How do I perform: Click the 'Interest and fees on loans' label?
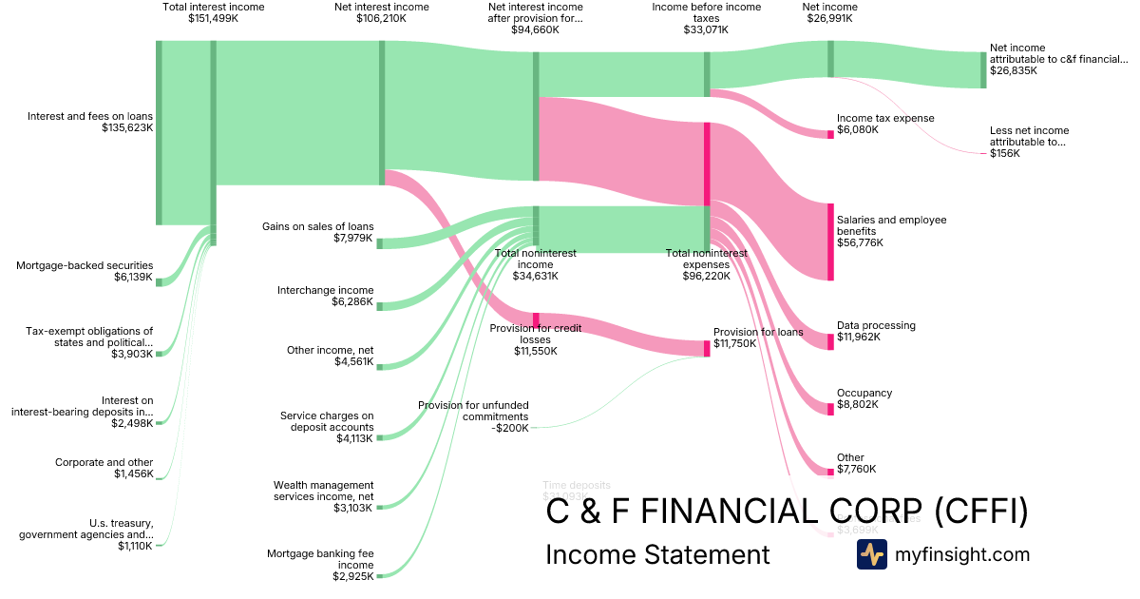pos(90,122)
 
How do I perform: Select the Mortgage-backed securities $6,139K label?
pos(85,271)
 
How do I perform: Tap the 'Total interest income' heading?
pos(214,12)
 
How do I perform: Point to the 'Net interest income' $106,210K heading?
pos(382,12)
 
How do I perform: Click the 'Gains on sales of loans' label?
pos(318,232)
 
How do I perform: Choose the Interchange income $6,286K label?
pos(326,296)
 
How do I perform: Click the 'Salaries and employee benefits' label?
pos(891,231)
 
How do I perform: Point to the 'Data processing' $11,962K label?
pos(876,331)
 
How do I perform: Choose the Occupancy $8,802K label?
pos(864,398)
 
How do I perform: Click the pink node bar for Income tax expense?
pos(830,134)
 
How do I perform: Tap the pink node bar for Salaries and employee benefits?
pos(830,242)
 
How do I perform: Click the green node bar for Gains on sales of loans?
pos(380,243)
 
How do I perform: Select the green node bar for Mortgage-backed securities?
pos(159,281)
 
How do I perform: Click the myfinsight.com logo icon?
pos(871,554)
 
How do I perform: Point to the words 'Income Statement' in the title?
pos(657,554)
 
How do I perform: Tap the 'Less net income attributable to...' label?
pos(1029,142)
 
